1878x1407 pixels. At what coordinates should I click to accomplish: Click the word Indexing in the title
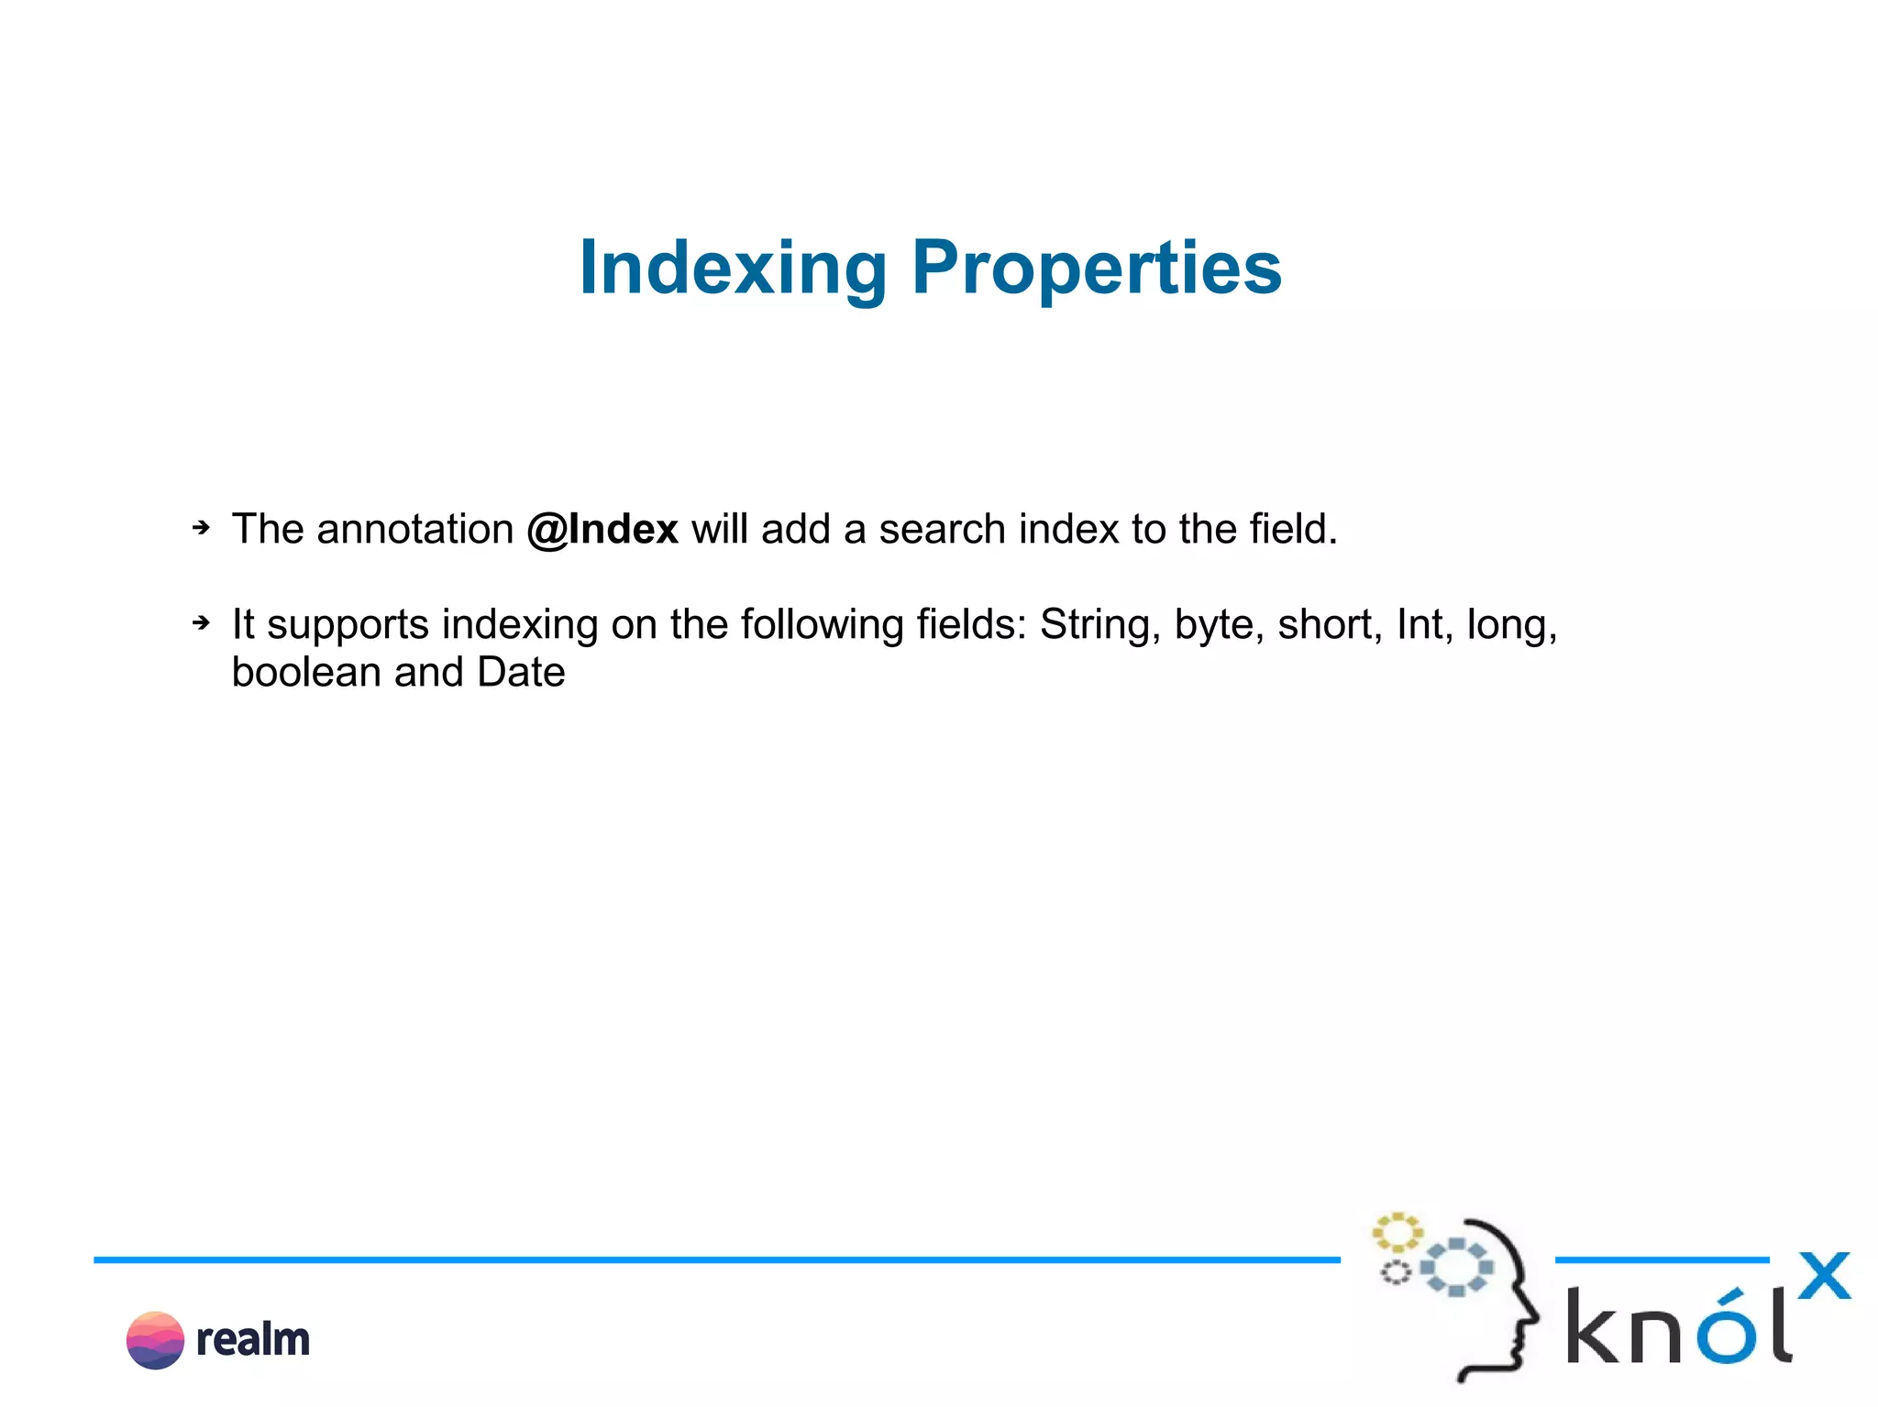click(733, 268)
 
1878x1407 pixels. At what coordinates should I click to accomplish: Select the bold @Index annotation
click(602, 530)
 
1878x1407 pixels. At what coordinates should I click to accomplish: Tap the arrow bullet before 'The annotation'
click(201, 528)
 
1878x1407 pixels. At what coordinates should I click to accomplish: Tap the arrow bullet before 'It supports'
click(201, 623)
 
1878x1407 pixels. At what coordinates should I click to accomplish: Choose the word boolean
click(306, 673)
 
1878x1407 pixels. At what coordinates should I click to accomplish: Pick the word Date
click(521, 673)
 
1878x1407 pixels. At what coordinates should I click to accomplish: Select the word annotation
click(414, 530)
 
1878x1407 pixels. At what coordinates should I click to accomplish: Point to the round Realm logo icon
click(155, 1340)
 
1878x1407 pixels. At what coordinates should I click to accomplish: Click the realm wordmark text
click(253, 1340)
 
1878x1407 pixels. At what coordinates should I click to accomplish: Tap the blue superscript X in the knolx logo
click(1824, 1276)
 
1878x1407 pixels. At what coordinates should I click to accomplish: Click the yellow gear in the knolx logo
click(1397, 1233)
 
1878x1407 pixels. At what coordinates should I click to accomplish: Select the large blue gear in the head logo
click(1456, 1268)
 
